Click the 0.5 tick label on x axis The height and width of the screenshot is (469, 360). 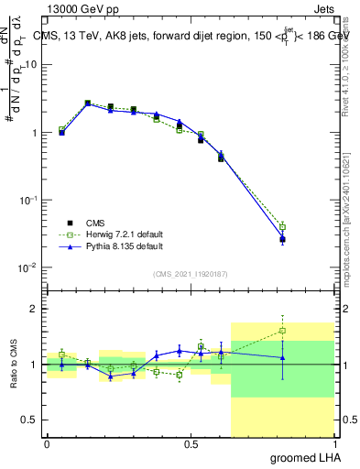point(191,443)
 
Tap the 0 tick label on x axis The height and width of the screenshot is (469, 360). point(47,443)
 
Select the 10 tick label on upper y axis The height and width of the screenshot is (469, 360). point(31,64)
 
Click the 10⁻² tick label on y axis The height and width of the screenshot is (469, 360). point(27,267)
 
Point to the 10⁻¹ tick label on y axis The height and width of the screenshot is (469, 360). point(27,200)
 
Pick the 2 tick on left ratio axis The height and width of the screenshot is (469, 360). point(35,309)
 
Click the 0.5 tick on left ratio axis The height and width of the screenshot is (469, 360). point(30,420)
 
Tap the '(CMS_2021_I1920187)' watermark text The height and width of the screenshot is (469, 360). point(191,274)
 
